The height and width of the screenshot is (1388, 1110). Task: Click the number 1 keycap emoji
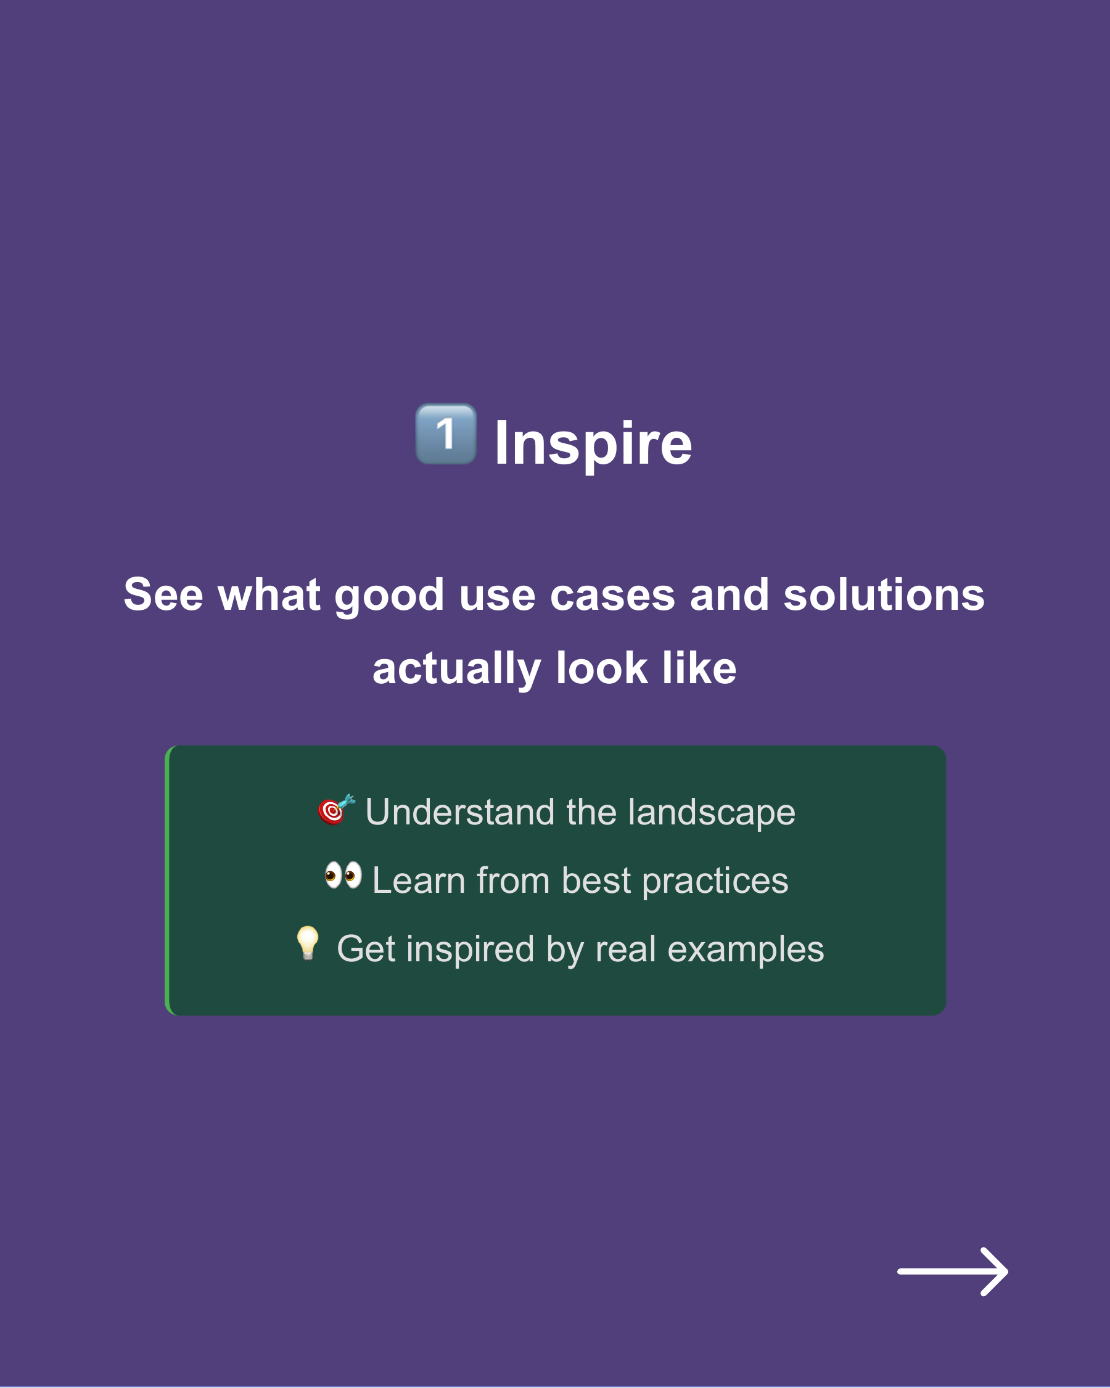click(x=446, y=434)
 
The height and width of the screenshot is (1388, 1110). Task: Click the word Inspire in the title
click(x=593, y=443)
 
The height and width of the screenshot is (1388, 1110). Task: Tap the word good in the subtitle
click(x=390, y=596)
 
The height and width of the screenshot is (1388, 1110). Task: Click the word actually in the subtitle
click(x=456, y=669)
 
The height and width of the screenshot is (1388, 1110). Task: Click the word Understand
click(x=459, y=812)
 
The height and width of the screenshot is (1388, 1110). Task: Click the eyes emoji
click(x=343, y=876)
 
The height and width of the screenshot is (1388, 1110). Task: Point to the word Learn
click(x=419, y=881)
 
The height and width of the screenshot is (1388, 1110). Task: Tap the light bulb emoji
click(x=308, y=943)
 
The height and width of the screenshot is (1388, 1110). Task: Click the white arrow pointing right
click(x=953, y=1271)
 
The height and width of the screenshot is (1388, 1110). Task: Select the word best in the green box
click(x=596, y=881)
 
